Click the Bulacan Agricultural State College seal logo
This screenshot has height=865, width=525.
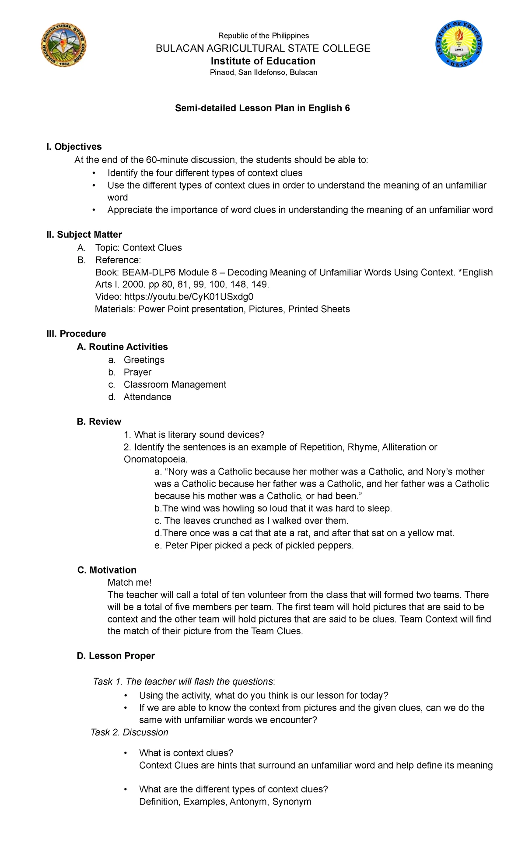64,45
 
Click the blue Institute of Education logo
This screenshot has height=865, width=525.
458,44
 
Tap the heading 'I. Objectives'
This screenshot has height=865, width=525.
74,147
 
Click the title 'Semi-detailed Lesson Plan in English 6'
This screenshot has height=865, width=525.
262,108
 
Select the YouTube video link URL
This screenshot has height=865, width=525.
189,297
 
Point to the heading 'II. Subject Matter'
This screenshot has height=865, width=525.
84,235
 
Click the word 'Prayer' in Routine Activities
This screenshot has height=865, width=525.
137,372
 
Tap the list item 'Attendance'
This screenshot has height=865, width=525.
147,397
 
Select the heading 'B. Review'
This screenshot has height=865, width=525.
99,422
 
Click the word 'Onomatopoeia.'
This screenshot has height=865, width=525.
156,459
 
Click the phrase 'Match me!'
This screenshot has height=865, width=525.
129,583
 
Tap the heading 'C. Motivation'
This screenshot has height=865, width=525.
107,570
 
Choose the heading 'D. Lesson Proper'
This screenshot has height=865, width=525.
115,656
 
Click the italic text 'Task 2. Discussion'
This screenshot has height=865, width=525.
129,732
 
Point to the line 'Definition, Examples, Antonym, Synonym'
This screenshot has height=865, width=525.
225,802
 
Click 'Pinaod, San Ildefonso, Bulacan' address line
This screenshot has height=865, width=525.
263,72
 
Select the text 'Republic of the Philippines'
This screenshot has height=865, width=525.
263,35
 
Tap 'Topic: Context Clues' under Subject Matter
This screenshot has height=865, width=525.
138,248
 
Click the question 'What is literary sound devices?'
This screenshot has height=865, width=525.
199,435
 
